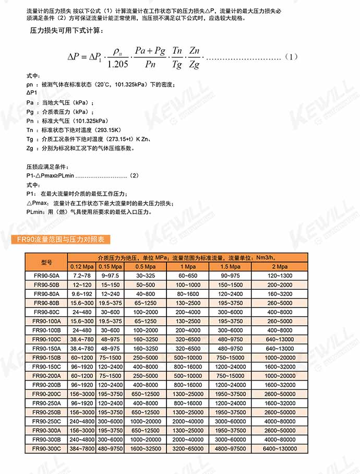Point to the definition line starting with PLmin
click(89, 212)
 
